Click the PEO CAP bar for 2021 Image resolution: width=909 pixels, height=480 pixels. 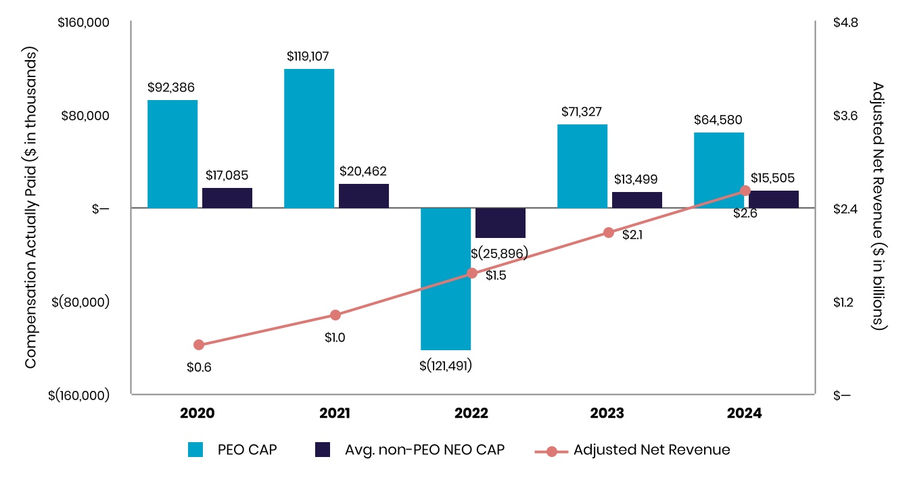309,138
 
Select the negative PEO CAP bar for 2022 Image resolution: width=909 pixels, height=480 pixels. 446,279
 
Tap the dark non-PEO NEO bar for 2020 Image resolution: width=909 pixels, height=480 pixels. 227,197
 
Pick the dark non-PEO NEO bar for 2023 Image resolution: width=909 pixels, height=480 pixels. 637,199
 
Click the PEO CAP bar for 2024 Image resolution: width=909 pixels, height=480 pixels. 719,170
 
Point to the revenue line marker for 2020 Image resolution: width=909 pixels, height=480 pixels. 199,345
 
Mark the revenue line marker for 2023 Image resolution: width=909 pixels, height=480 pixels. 609,233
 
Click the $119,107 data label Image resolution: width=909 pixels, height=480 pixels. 308,56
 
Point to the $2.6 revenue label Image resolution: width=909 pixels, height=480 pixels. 744,214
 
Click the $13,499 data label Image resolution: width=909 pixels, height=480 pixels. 636,179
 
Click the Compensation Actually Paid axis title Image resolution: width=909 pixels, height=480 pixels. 30,208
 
